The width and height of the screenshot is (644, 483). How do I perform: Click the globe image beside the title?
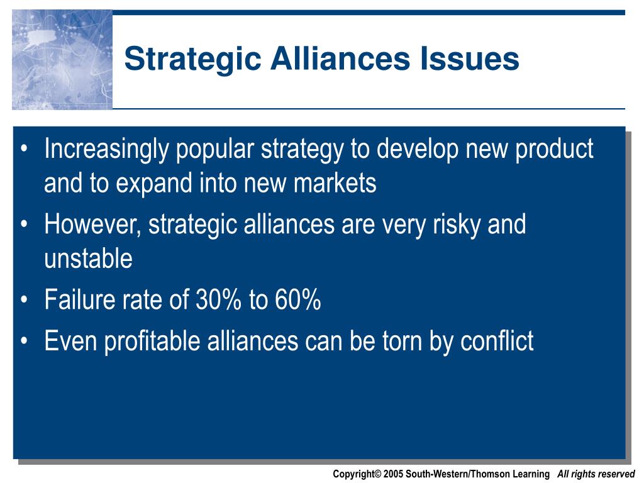(x=62, y=60)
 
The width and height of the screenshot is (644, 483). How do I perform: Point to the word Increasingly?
(x=106, y=148)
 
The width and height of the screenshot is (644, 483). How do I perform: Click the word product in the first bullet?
(x=554, y=148)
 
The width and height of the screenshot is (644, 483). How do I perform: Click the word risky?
(x=457, y=225)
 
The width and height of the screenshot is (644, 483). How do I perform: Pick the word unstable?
(x=88, y=258)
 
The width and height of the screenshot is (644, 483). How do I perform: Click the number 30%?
(x=218, y=299)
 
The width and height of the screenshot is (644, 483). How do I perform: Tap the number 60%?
(x=297, y=299)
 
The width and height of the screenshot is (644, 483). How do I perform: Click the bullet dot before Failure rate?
(x=25, y=300)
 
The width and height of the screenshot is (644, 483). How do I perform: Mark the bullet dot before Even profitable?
(x=25, y=341)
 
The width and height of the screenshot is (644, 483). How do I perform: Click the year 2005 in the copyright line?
(x=394, y=474)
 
